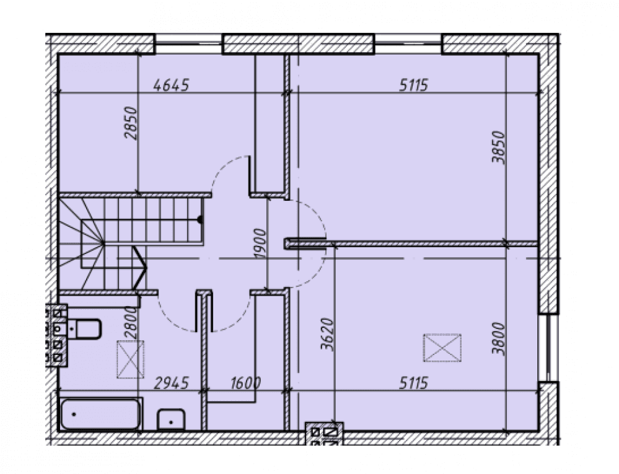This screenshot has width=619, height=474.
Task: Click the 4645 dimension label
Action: coord(172,85)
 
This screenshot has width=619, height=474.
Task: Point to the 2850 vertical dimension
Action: coord(131,123)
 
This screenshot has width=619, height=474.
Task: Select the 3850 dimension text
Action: coord(498,147)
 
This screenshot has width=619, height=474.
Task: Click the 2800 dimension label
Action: coord(131,322)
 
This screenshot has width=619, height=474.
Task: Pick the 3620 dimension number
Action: coord(328,334)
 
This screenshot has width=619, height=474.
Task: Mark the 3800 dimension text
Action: coord(498,339)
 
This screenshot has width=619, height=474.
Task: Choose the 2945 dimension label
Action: coord(172,383)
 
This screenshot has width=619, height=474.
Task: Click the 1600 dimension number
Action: coord(245,383)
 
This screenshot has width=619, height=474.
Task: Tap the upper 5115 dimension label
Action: coord(413,85)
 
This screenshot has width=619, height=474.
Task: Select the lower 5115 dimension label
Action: coord(413,383)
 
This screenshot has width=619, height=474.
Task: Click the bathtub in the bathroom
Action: coord(100,414)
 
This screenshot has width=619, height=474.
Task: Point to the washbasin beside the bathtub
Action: coord(171,419)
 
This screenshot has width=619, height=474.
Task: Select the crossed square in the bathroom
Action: coord(130,359)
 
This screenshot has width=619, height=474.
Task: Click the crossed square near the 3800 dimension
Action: coord(442,348)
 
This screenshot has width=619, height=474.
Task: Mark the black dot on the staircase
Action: coord(200,219)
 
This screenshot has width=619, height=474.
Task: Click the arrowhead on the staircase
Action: coord(140,268)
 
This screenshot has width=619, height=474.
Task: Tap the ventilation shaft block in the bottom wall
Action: coord(324,434)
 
